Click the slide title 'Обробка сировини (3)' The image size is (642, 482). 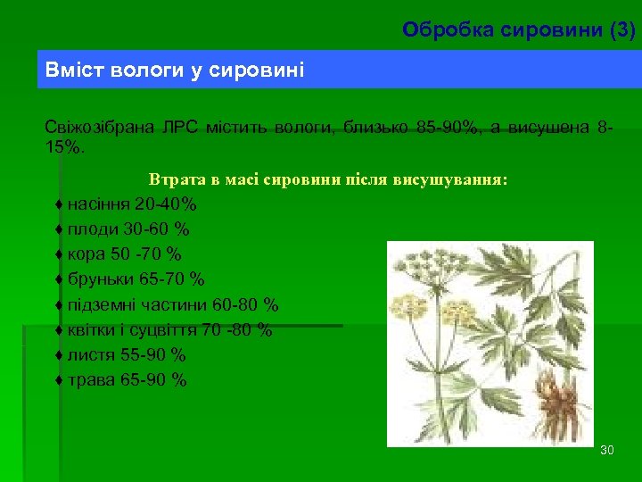[519, 30]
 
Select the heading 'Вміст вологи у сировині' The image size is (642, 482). [175, 70]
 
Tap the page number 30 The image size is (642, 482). [607, 450]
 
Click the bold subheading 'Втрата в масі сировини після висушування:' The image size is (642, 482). [328, 179]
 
